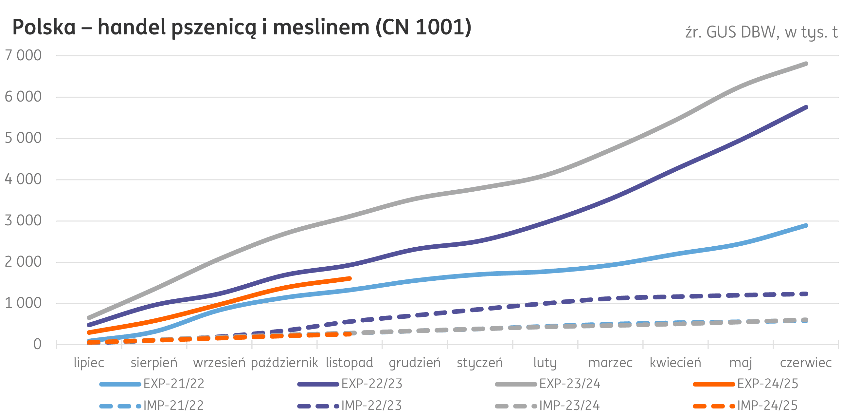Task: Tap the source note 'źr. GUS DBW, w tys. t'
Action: tap(761, 32)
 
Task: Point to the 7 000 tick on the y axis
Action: tap(23, 55)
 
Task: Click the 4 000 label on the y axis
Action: tap(23, 179)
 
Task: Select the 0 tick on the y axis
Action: tap(37, 344)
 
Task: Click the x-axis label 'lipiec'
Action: tap(89, 363)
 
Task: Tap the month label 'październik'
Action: tap(284, 363)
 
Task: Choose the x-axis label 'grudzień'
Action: tap(415, 363)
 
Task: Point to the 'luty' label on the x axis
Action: tap(545, 363)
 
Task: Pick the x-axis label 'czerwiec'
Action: tap(806, 363)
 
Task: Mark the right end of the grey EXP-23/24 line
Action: tap(806, 64)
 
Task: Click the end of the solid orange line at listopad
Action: tap(350, 278)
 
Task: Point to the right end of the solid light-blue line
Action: tap(806, 225)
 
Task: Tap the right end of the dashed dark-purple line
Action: tap(806, 294)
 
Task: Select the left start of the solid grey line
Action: tap(89, 318)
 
